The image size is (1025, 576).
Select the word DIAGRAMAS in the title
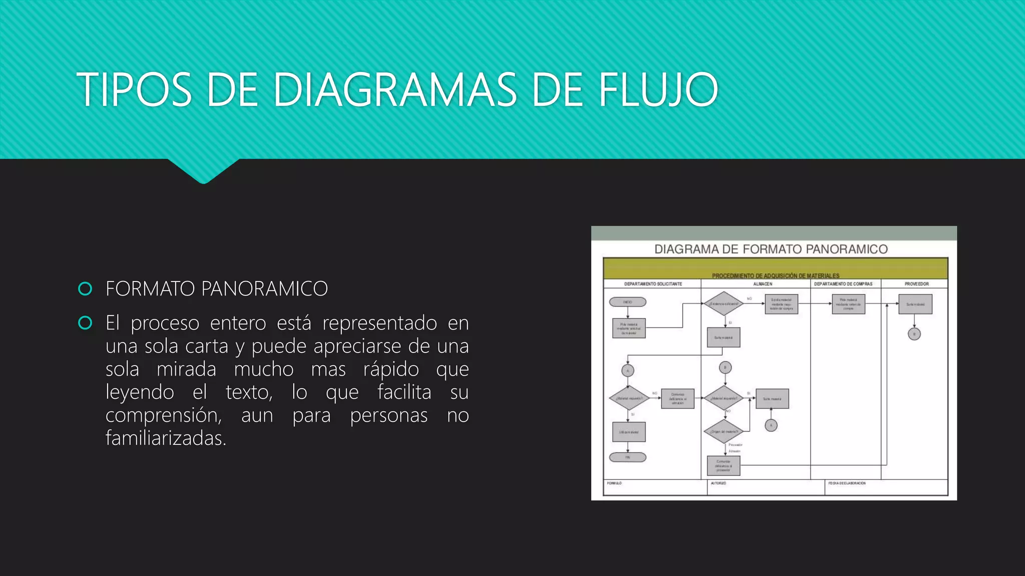(x=395, y=90)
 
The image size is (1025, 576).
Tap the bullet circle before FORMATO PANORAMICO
(x=86, y=289)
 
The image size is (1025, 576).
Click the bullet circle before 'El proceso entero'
(x=86, y=323)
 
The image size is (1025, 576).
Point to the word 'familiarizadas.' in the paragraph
(x=166, y=438)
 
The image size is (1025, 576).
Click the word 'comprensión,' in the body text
(x=163, y=415)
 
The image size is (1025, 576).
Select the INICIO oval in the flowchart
(x=628, y=302)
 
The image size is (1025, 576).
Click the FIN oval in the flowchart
(x=628, y=457)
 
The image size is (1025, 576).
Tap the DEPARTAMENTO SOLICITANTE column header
(x=653, y=284)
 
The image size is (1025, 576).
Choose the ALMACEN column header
(x=762, y=284)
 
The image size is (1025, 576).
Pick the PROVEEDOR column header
(x=916, y=284)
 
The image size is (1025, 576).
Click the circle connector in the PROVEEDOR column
(x=914, y=334)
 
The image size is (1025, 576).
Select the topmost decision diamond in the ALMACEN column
(x=723, y=303)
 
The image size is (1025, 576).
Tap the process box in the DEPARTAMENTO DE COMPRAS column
(x=848, y=304)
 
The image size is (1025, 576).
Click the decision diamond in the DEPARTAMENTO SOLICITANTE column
(x=629, y=398)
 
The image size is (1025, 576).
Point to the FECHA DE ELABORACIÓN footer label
(x=847, y=483)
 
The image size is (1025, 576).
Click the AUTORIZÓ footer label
(x=718, y=483)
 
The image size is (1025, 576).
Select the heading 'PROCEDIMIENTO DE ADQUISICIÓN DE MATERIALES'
(x=775, y=275)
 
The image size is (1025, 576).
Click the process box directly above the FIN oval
(x=629, y=432)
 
